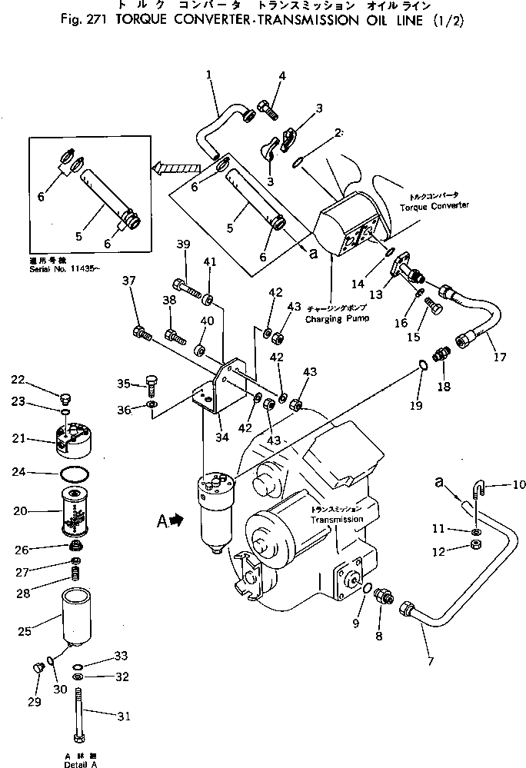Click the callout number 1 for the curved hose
coord(208,74)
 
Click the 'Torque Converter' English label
coord(440,207)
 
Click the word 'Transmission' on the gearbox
coord(337,520)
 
